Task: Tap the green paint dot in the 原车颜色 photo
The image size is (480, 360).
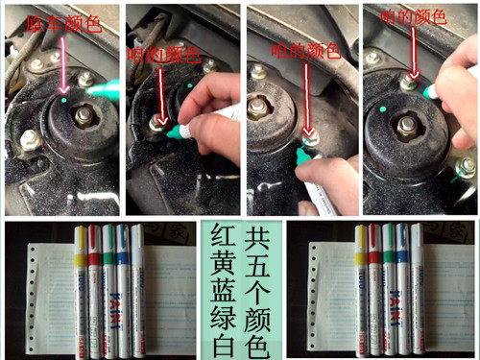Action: pos(62,99)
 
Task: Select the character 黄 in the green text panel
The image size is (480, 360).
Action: pos(218,260)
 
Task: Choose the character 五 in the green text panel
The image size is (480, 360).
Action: pos(256,260)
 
